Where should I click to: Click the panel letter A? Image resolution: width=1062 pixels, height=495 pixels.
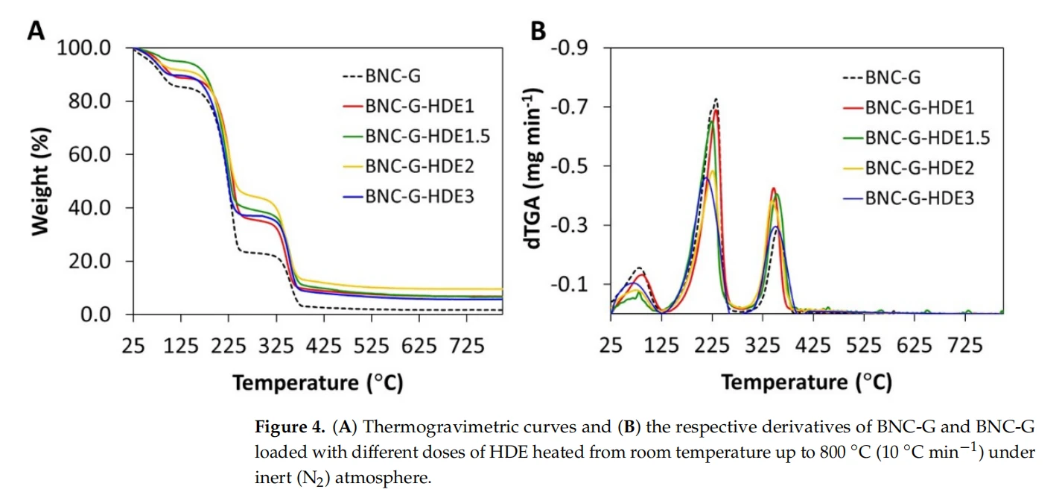(36, 31)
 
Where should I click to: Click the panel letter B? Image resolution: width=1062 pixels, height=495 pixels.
(538, 31)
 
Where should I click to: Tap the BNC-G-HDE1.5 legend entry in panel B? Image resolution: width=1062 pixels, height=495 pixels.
(917, 138)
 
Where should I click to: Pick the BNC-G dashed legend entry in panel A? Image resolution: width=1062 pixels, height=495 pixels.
(381, 76)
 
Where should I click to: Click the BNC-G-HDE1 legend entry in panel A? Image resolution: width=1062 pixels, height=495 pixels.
(409, 106)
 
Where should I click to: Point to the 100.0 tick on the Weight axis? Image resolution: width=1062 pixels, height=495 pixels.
(84, 48)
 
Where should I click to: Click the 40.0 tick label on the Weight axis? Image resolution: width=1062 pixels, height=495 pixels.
(89, 208)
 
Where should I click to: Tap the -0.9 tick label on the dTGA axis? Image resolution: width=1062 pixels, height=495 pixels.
(570, 48)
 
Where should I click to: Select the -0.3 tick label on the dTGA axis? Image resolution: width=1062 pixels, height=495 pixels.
(570, 225)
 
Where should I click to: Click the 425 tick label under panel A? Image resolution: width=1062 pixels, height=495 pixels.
(324, 346)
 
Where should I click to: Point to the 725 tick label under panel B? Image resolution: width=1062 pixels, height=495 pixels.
(965, 345)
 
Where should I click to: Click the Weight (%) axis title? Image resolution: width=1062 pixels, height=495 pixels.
(41, 181)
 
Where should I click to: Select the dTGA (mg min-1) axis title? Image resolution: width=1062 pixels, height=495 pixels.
(533, 168)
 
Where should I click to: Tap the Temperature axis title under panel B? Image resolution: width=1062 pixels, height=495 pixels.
(807, 382)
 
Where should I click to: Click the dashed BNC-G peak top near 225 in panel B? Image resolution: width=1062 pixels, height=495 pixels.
(716, 98)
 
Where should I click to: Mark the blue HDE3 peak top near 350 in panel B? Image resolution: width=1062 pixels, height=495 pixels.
(775, 227)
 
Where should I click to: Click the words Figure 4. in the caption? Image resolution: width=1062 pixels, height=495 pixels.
(290, 427)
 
